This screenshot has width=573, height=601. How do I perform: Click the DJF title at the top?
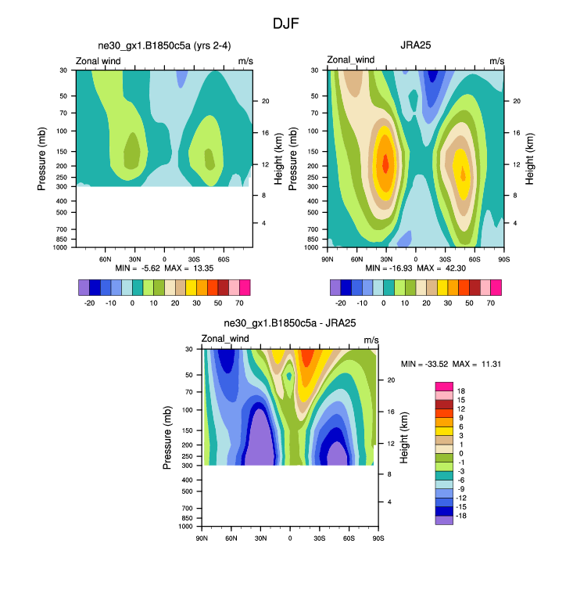pos(286,23)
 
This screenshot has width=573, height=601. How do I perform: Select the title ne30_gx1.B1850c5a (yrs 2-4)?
pos(163,45)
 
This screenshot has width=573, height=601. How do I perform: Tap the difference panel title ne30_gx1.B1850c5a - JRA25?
pos(290,323)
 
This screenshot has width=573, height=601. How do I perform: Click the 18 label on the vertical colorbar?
pos(460,390)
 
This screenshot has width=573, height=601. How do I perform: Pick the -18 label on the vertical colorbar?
pos(462,517)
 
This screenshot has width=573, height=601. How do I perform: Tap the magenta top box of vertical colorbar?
pos(444,387)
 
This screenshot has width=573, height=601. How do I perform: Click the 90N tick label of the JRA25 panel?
pos(328,257)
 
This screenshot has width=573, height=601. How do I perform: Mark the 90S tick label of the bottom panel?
pos(378,536)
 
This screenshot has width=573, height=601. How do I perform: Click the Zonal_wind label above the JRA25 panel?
pos(351,60)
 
